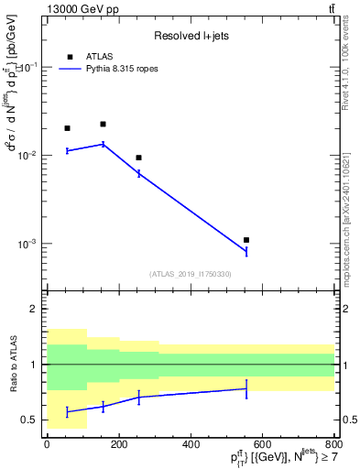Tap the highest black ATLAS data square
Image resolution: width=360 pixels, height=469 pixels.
pos(104,124)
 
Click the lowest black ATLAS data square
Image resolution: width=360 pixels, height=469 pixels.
pos(246,240)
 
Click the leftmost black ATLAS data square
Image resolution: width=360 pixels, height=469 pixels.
pos(67,128)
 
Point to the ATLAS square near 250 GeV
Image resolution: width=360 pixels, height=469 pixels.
pos(138,158)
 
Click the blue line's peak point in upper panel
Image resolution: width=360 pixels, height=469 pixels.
pos(104,144)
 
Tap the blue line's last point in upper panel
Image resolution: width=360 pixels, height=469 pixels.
pos(246,252)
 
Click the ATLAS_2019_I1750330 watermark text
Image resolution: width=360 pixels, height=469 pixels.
pos(191,274)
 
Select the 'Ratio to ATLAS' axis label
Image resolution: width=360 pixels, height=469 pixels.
pos(12,365)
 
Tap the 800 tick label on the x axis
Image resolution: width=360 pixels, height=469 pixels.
pos(334,444)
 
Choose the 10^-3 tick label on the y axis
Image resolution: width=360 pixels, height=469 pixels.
pos(27,245)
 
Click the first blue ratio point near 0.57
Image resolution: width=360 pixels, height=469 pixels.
pos(67,412)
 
